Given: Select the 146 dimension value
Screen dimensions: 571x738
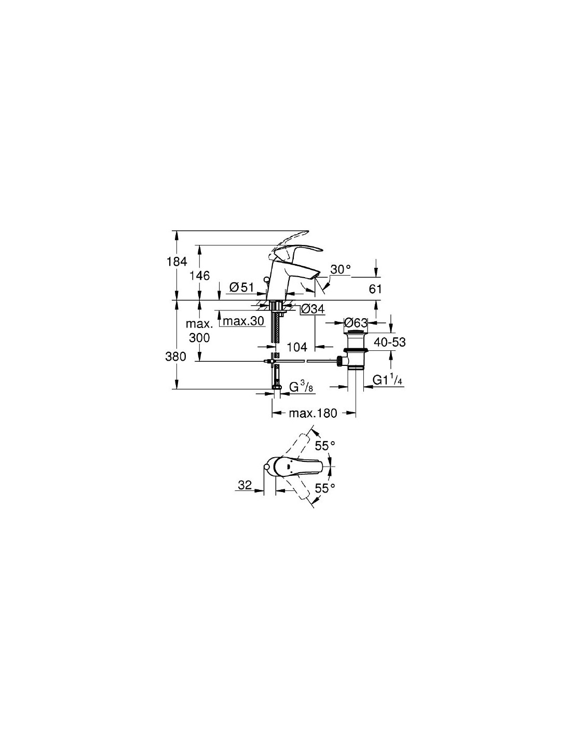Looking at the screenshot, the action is tap(199, 276).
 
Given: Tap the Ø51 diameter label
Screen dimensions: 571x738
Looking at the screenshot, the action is tap(241, 288).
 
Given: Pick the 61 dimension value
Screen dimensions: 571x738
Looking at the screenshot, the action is tap(375, 290).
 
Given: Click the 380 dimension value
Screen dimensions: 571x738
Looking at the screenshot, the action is tap(175, 357).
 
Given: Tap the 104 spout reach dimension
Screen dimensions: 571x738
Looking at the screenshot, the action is tap(297, 347).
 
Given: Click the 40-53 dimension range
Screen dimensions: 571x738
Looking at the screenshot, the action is tap(390, 341).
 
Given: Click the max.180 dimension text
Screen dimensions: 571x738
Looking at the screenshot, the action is tap(313, 413).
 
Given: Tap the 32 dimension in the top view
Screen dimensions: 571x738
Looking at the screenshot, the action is tap(244, 485).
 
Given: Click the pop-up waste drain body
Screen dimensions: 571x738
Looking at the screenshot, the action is tap(355, 350).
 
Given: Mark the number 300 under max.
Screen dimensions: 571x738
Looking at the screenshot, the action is tap(199, 337).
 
